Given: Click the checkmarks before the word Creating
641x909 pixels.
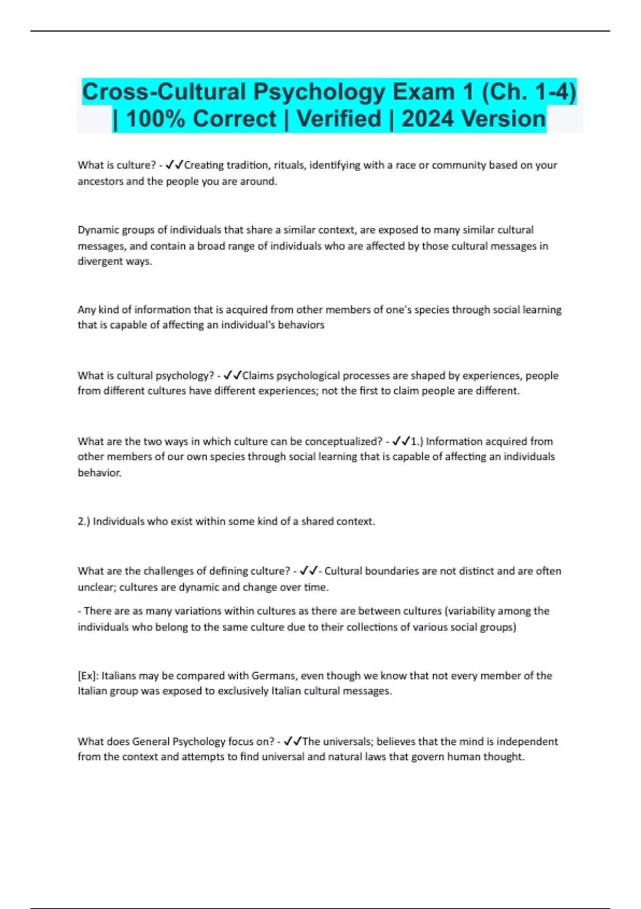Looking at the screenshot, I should pos(175,165).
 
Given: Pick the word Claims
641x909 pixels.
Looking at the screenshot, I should pos(258,375).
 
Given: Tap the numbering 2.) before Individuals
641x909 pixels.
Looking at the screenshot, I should pos(84,521).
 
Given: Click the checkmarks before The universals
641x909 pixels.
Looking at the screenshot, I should pos(293,742).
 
